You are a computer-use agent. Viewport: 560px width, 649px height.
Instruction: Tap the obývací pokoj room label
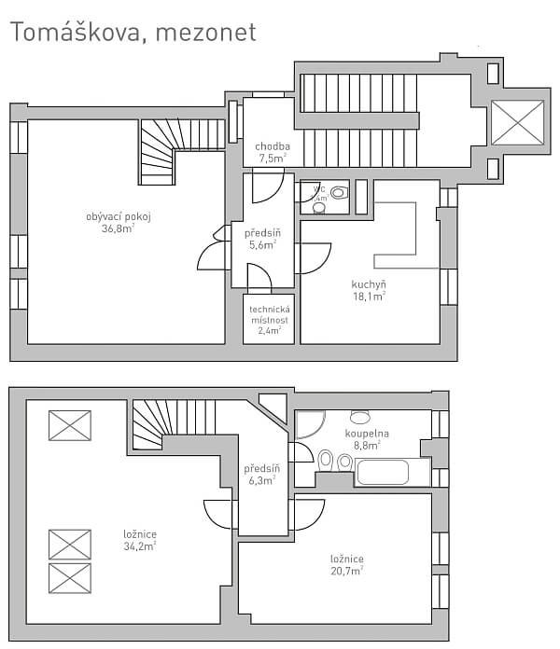(x=119, y=216)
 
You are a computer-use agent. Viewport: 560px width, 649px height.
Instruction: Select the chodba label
(x=273, y=146)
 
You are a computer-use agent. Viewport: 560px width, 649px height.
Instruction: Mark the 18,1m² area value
(x=369, y=296)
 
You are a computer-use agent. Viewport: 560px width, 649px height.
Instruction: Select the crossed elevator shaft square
(x=516, y=120)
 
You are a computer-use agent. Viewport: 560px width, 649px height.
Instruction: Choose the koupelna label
(x=366, y=434)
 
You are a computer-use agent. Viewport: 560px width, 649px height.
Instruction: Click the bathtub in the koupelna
(x=392, y=472)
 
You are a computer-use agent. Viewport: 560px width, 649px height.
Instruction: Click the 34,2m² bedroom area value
(x=139, y=546)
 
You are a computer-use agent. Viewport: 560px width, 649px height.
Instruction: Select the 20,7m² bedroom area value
(x=346, y=571)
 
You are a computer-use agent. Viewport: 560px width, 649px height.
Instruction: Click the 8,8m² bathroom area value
(x=366, y=446)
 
